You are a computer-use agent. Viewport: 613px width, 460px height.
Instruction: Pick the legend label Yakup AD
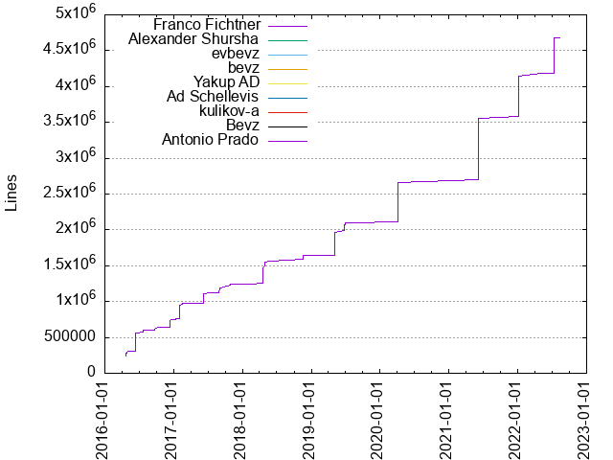[226, 81]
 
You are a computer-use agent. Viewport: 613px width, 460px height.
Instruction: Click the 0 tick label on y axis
[91, 373]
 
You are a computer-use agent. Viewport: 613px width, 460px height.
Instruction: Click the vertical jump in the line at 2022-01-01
[518, 96]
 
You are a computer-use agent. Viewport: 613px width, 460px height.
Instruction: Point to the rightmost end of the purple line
[560, 37]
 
